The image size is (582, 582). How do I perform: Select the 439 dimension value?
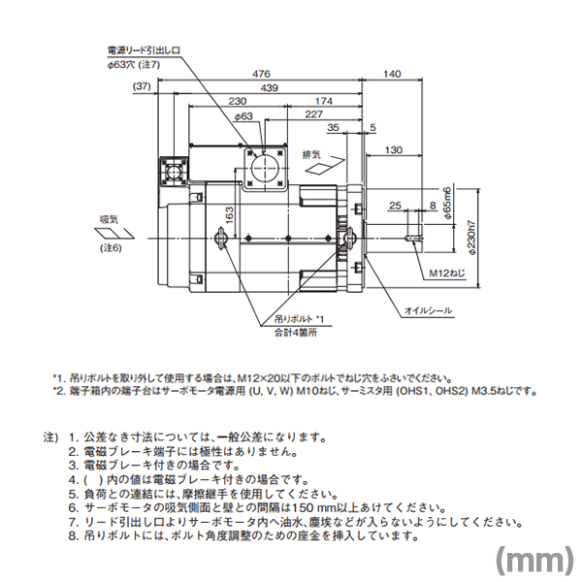[x=269, y=87]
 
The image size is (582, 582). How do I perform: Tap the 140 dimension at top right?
[x=392, y=74]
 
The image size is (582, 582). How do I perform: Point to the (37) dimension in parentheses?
[x=143, y=87]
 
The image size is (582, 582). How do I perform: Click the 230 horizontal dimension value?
[x=237, y=101]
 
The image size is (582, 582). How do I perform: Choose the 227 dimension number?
[x=313, y=114]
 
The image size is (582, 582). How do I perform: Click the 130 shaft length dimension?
[x=395, y=149]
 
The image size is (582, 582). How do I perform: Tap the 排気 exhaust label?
[x=310, y=154]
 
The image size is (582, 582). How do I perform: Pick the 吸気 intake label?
[x=110, y=219]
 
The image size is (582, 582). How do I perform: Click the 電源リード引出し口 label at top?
[x=145, y=48]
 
